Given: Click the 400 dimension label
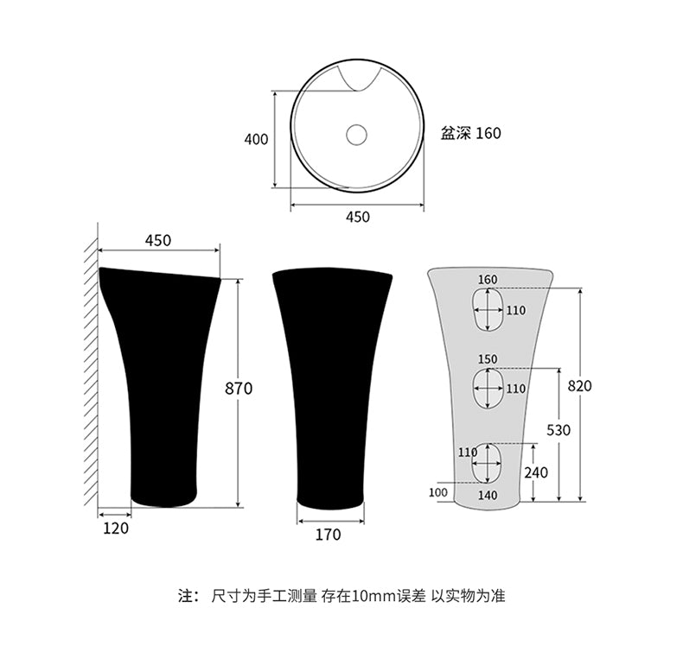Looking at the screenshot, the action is click(x=256, y=140).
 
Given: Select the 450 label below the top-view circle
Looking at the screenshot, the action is click(x=358, y=217).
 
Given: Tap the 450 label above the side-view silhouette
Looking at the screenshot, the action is click(x=158, y=241).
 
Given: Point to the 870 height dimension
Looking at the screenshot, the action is click(x=239, y=388).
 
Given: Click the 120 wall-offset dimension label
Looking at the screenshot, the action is click(x=116, y=528).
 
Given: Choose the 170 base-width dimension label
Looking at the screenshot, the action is click(x=328, y=535).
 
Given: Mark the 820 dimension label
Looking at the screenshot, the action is click(x=580, y=385).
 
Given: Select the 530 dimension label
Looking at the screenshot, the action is click(x=559, y=430).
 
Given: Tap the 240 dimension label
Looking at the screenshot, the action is click(x=536, y=472).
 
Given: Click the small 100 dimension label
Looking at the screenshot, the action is click(x=438, y=492).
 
